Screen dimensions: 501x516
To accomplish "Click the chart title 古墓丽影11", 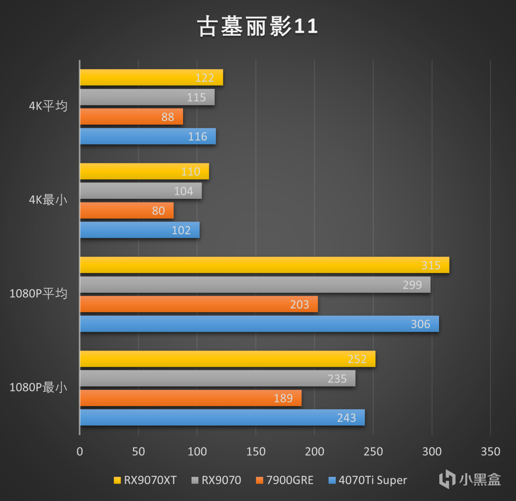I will [x=258, y=27].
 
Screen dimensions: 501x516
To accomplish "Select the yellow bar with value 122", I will [x=151, y=77].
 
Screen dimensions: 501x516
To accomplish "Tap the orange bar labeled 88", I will [x=131, y=117].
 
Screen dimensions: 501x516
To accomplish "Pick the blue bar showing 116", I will [x=148, y=136].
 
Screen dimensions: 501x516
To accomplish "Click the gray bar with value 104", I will [x=141, y=191].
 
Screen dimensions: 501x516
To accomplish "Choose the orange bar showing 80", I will [x=127, y=211].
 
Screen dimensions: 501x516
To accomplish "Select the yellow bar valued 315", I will [x=264, y=265].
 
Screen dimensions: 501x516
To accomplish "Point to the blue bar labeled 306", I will [x=259, y=324].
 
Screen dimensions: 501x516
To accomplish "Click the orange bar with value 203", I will [x=199, y=304].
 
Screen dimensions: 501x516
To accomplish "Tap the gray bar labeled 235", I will [x=218, y=378].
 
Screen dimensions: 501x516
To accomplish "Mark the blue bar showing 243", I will [x=222, y=417].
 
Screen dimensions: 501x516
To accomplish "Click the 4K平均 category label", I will [x=48, y=106].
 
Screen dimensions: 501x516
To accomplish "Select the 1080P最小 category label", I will [x=38, y=387].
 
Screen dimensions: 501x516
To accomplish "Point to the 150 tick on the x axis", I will [x=256, y=451].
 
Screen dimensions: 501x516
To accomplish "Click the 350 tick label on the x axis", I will [x=490, y=451].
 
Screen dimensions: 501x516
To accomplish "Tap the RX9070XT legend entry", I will [x=146, y=480].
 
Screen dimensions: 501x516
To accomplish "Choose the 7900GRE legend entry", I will [x=285, y=480].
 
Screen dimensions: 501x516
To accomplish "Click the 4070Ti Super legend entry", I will [x=368, y=480].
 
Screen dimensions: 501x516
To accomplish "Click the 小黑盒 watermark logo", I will [x=470, y=479].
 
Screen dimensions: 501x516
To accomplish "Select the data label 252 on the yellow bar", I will [x=357, y=359].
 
